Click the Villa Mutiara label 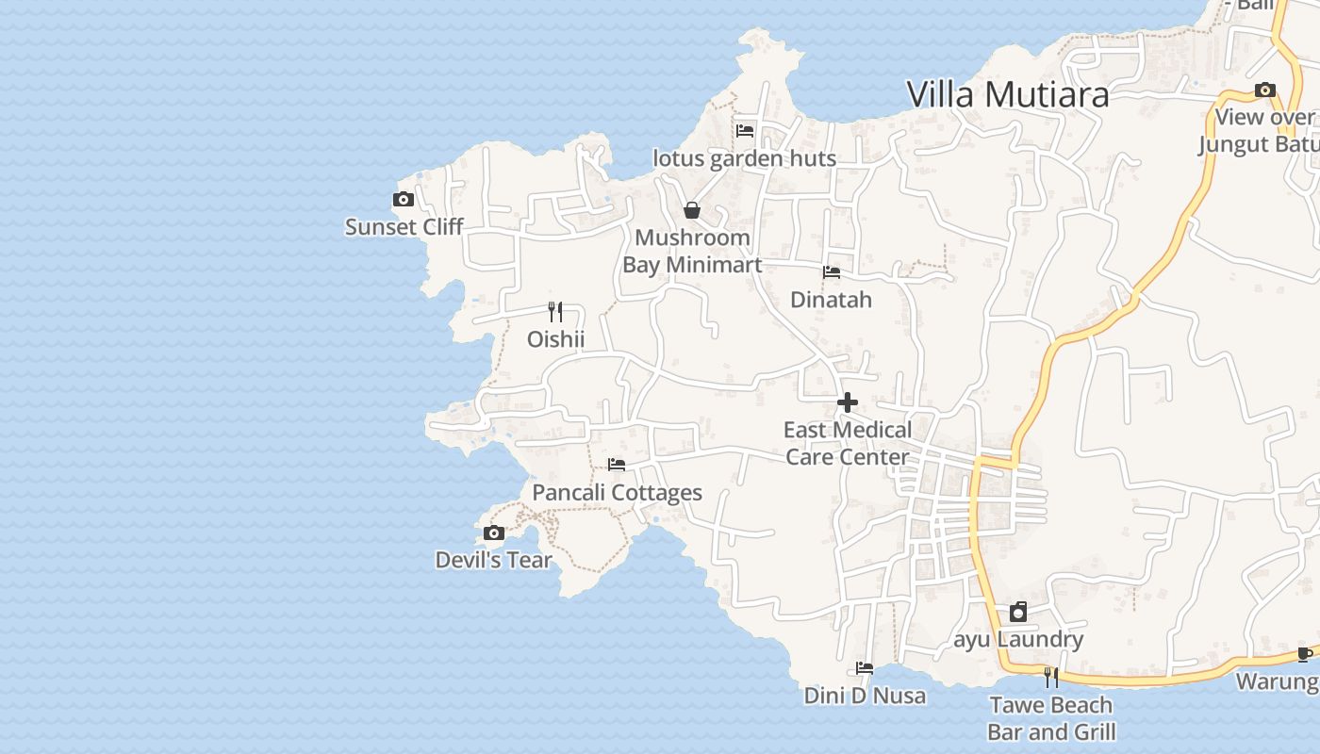click(x=1007, y=94)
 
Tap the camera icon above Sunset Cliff click(x=404, y=200)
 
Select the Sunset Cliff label click(x=404, y=227)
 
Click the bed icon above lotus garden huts click(x=745, y=131)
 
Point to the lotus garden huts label click(x=744, y=158)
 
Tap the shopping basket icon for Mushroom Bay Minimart click(x=692, y=210)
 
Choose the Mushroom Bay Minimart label click(x=692, y=251)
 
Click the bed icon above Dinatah click(x=832, y=272)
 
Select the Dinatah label click(x=831, y=300)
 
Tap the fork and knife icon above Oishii click(x=555, y=312)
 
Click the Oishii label click(x=555, y=339)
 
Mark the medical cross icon click(x=848, y=403)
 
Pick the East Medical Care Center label click(x=848, y=443)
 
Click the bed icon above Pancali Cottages click(x=617, y=465)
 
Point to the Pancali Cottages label click(x=617, y=492)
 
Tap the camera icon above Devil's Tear click(x=493, y=533)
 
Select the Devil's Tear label click(x=493, y=560)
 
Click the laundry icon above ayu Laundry click(x=1018, y=613)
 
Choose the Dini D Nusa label click(x=865, y=696)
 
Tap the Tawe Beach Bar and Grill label click(x=1051, y=718)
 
